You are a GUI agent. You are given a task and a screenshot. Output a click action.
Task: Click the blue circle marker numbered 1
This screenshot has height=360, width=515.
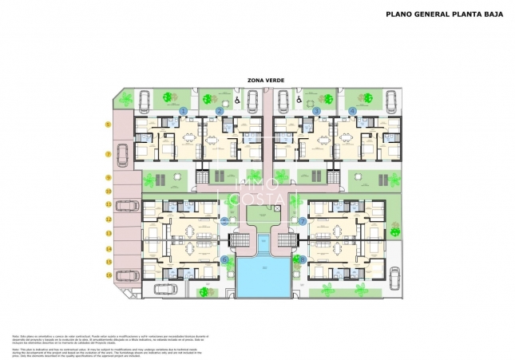pyautogui.click(x=184, y=110)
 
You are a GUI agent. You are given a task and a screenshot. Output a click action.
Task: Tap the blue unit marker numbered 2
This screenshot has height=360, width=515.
pyautogui.click(x=220, y=110)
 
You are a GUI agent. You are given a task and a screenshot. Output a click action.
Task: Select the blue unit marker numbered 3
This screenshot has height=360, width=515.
pyautogui.click(x=316, y=110)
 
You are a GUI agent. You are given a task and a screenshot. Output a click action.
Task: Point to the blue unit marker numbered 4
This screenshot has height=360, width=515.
pyautogui.click(x=352, y=110)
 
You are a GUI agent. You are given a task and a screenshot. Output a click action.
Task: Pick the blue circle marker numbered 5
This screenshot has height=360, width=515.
pyautogui.click(x=224, y=221)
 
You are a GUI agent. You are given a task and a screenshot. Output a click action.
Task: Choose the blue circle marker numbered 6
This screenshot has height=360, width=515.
pyautogui.click(x=224, y=259)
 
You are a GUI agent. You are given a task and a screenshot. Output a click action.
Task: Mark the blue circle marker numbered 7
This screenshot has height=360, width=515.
pyautogui.click(x=303, y=221)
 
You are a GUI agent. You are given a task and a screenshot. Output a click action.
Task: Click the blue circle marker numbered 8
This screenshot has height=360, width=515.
pyautogui.click(x=303, y=259)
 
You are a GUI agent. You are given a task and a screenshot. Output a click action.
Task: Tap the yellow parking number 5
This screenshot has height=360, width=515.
pyautogui.click(x=108, y=125)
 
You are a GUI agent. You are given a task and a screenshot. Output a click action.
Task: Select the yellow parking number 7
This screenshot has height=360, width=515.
pyautogui.click(x=108, y=153)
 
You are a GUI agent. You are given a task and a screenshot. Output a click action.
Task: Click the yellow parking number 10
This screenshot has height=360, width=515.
pyautogui.click(x=108, y=192)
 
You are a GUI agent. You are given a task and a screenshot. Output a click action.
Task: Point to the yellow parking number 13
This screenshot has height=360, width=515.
pyautogui.click(x=108, y=233)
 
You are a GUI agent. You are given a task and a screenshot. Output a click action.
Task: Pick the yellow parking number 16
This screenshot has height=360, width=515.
pyautogui.click(x=108, y=275)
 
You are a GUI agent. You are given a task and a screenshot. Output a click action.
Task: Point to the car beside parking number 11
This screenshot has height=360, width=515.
pyautogui.click(x=126, y=205)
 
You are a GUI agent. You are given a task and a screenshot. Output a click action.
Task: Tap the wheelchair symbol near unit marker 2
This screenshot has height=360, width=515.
pyautogui.click(x=237, y=101)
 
